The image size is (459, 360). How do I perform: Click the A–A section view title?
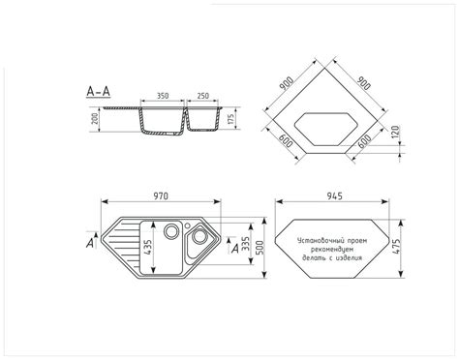(99, 91)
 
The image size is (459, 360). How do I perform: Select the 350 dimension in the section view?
(163, 96)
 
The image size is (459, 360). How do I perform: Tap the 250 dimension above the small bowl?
(202, 96)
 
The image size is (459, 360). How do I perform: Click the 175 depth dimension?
(230, 119)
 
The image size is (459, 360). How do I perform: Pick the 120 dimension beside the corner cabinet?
(395, 132)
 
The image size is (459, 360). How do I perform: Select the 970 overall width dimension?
(161, 196)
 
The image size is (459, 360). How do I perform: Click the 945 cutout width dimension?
(334, 196)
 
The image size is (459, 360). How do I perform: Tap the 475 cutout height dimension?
(396, 247)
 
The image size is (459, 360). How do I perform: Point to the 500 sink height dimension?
(260, 248)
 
